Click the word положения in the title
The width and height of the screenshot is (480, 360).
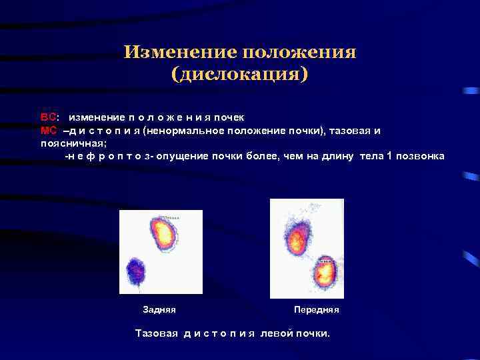click(x=299, y=52)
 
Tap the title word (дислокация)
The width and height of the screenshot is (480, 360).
click(x=240, y=73)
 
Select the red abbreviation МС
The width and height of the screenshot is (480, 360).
click(x=49, y=130)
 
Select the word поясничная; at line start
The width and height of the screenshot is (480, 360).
click(x=69, y=143)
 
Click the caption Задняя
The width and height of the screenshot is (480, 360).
click(x=159, y=310)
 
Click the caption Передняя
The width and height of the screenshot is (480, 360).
click(x=316, y=310)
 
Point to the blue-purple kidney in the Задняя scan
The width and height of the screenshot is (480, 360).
click(x=136, y=270)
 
